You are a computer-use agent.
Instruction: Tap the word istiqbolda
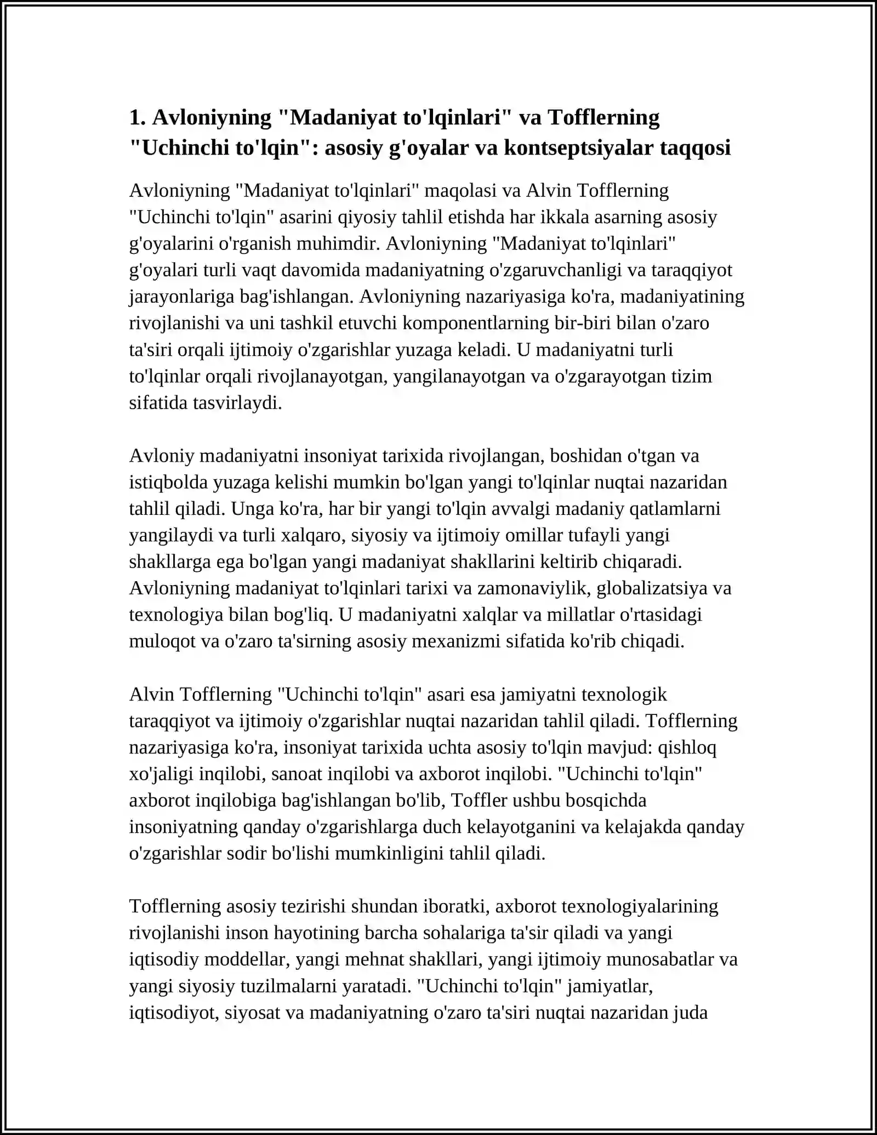pyautogui.click(x=168, y=482)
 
